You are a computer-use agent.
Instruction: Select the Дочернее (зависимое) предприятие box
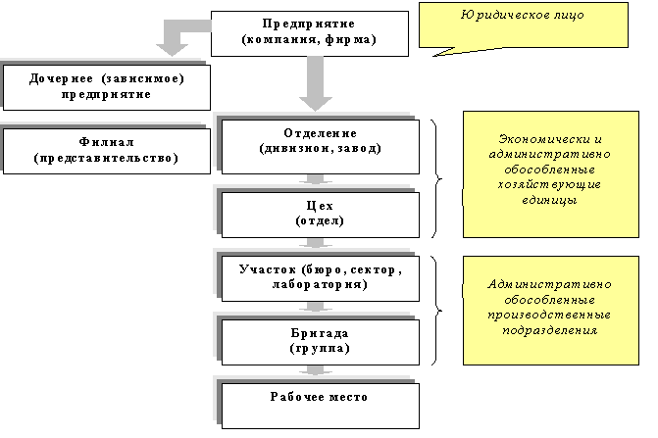(x=107, y=86)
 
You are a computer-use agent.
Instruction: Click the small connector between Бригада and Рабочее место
(x=314, y=370)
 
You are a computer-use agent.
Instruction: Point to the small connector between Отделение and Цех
(x=314, y=180)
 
